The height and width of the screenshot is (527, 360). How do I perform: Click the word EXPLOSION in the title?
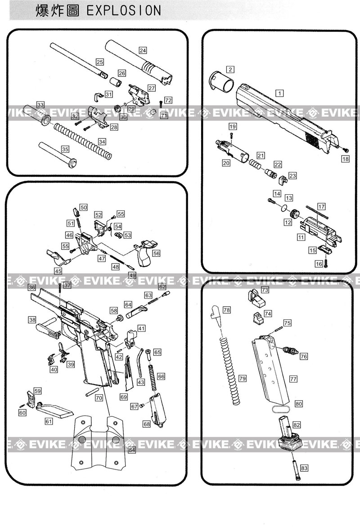122,10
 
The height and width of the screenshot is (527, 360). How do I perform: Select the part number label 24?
143,50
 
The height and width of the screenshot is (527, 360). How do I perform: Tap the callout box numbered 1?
279,93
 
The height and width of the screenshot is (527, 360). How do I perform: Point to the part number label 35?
65,149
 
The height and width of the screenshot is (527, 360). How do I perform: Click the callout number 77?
293,379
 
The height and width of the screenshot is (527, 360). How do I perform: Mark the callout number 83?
305,468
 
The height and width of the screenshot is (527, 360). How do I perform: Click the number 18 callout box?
345,159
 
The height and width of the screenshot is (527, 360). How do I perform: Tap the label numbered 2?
230,69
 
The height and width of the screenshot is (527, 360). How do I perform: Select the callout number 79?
243,378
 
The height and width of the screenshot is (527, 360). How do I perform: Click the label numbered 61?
49,421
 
